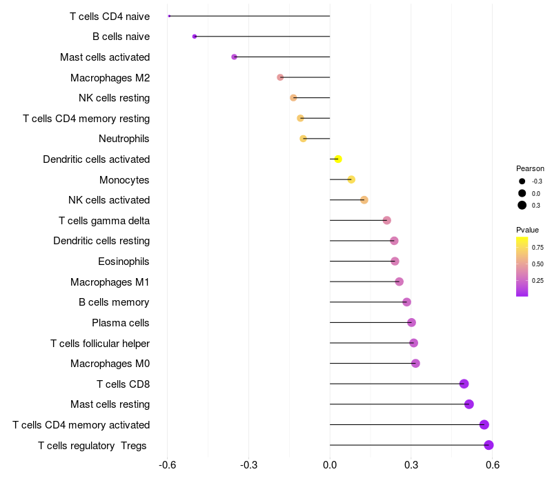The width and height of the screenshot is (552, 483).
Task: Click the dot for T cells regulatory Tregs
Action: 489,445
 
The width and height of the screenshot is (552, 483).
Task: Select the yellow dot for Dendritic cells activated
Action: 338,159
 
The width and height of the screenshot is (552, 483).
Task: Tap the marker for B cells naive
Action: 195,37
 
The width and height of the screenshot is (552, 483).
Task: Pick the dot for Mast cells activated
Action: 234,57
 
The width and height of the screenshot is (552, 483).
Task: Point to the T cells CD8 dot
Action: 464,384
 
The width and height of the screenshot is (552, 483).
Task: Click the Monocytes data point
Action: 351,179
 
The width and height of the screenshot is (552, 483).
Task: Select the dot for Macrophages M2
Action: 280,77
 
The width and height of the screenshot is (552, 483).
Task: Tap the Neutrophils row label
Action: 124,139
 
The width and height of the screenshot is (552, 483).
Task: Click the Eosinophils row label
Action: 124,262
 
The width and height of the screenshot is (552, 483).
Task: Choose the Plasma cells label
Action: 121,323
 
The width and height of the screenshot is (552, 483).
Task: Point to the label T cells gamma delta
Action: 104,221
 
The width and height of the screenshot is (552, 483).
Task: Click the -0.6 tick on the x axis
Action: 167,465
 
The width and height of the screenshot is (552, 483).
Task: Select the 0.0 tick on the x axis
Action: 330,465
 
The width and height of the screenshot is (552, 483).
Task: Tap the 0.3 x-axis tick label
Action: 411,465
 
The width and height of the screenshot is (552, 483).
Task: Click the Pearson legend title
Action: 530,168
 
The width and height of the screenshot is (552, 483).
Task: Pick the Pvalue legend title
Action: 528,230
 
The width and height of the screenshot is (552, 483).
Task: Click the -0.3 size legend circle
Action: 522,181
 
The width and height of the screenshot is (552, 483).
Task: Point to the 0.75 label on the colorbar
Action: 538,247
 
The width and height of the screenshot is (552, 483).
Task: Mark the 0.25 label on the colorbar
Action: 538,280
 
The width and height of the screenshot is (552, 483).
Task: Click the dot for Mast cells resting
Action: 469,404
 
